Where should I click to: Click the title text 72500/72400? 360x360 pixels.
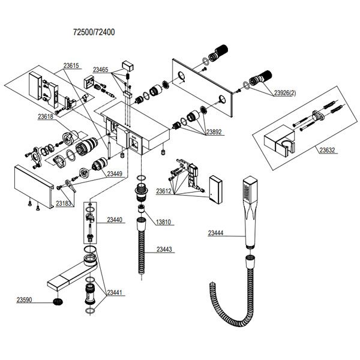point(94,32)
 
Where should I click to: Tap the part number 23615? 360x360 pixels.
point(71,65)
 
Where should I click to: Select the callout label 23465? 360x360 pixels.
point(100,70)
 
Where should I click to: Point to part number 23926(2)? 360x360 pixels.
point(285,93)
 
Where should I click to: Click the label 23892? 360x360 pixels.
point(214,132)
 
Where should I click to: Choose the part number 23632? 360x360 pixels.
point(328,150)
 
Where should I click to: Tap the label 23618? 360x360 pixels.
point(46,116)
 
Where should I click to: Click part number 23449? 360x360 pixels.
point(115,174)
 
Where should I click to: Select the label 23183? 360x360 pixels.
point(64,203)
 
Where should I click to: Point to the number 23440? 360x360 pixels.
point(115,220)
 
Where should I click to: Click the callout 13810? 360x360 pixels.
point(163,222)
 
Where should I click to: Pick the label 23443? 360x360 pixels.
point(164,249)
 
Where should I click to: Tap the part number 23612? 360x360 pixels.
point(164,191)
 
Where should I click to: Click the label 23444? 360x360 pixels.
point(215,233)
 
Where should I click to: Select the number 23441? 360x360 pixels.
point(115,293)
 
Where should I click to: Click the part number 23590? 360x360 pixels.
point(24,300)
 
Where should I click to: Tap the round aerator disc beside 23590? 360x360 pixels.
point(58,302)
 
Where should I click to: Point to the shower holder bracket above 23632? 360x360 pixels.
point(279,143)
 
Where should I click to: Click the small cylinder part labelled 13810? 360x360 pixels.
point(141,209)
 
